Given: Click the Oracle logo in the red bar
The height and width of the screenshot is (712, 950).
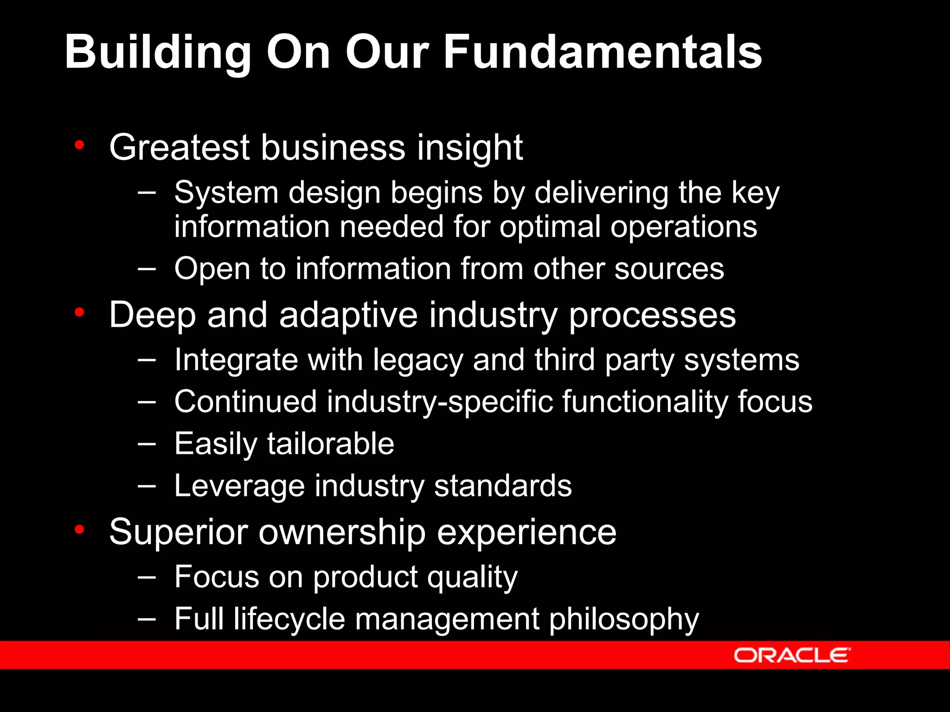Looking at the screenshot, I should pyautogui.click(x=792, y=655).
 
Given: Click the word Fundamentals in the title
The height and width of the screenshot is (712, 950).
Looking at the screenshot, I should pyautogui.click(x=603, y=52).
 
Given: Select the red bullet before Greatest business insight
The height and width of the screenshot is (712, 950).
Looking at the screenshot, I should pyautogui.click(x=79, y=145).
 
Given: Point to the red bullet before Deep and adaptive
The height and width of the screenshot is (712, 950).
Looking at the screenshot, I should pyautogui.click(x=79, y=313).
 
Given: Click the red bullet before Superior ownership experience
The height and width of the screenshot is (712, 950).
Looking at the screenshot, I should pyautogui.click(x=79, y=529).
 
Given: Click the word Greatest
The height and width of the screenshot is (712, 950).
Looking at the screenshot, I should pyautogui.click(x=179, y=148).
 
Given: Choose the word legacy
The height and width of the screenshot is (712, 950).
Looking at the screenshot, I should pyautogui.click(x=418, y=361).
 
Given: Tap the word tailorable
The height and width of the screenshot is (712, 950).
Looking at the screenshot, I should pyautogui.click(x=331, y=444).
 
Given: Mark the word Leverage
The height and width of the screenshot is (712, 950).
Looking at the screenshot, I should pyautogui.click(x=239, y=486).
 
